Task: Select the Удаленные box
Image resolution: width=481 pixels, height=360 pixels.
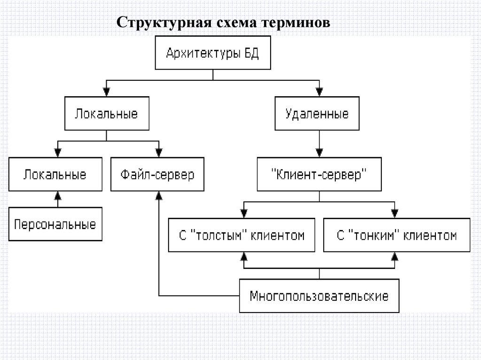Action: [318, 114]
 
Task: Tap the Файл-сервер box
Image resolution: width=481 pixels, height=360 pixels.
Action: [157, 175]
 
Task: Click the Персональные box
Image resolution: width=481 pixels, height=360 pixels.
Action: [55, 224]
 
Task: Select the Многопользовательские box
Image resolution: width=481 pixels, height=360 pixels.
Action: [319, 296]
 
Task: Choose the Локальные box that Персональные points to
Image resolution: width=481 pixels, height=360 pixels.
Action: [55, 175]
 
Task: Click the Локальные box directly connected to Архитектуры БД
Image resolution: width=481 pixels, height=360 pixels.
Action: [107, 114]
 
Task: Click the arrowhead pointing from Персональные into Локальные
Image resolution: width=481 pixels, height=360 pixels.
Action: [57, 194]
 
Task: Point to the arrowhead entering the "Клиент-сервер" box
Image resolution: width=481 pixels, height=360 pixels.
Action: [319, 153]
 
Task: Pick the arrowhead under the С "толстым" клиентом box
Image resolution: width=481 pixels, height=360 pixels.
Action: [243, 256]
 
